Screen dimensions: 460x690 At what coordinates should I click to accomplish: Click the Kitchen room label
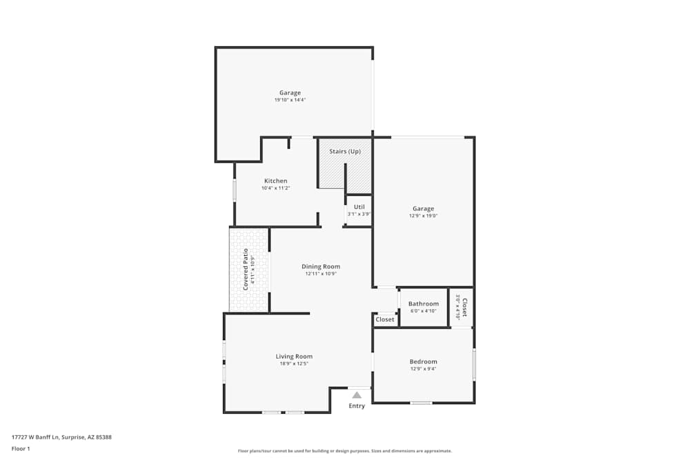[x=275, y=181]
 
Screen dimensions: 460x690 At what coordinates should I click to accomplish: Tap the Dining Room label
[x=321, y=267]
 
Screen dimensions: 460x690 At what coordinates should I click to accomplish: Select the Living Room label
[x=294, y=357]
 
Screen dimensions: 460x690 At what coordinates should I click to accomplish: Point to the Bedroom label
[x=423, y=361]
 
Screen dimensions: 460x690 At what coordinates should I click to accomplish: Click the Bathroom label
[x=423, y=303]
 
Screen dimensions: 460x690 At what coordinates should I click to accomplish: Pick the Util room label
[x=359, y=207]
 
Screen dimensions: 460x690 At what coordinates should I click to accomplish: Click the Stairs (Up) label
[x=344, y=151]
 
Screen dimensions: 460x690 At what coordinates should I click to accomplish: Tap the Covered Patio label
[x=246, y=268]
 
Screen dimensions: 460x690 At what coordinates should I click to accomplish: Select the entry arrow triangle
[x=357, y=395]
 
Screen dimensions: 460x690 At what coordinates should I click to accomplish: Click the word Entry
[x=357, y=406]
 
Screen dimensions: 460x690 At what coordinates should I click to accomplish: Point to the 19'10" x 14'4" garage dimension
[x=290, y=100]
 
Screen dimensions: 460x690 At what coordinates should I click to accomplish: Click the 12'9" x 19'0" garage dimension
[x=423, y=216]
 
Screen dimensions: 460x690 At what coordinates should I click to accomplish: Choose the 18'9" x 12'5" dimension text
[x=294, y=363]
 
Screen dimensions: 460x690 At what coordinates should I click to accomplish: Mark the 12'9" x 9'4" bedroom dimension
[x=423, y=368]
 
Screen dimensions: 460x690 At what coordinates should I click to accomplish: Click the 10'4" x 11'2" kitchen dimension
[x=275, y=188]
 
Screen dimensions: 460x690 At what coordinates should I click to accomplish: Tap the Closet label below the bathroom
[x=385, y=319]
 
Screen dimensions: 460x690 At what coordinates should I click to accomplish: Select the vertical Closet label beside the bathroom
[x=464, y=306]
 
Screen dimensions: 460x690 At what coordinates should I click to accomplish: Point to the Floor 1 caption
[x=21, y=448]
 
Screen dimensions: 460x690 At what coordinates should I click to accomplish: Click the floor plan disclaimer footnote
[x=345, y=451]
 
